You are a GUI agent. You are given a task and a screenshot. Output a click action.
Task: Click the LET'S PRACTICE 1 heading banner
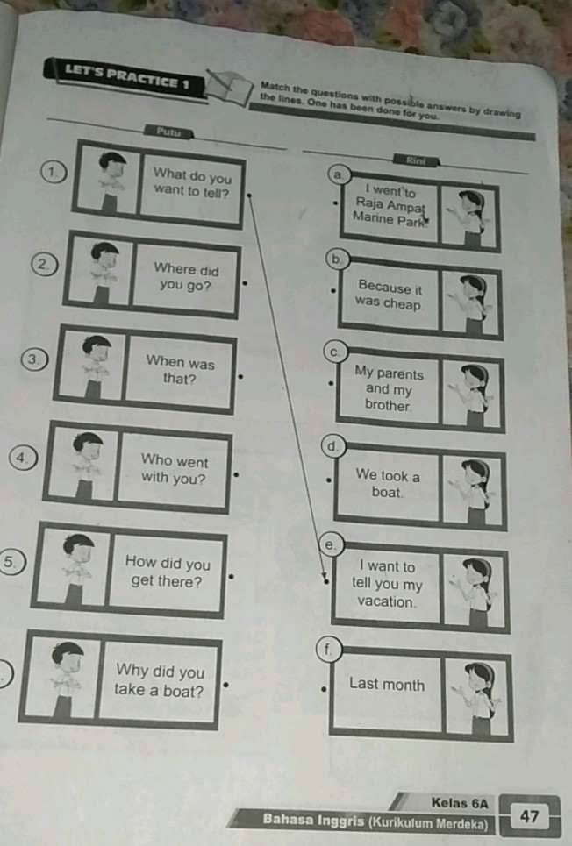(x=125, y=78)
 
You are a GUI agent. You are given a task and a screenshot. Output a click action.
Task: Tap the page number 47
(x=529, y=816)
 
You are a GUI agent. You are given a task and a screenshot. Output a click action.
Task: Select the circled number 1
(x=54, y=172)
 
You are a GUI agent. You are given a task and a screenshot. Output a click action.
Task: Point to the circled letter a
(x=338, y=174)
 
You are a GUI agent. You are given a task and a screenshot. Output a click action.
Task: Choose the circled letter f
(x=327, y=649)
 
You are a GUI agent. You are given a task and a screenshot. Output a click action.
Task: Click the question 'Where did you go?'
(x=186, y=277)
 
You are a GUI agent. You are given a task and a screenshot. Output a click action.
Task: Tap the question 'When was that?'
(x=180, y=370)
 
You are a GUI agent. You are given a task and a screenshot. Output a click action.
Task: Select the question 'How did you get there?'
(x=168, y=572)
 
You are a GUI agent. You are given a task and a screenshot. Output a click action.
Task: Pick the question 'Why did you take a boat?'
(x=160, y=679)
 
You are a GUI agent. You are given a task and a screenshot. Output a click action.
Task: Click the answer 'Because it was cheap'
(x=389, y=295)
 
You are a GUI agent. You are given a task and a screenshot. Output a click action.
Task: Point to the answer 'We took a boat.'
(x=387, y=483)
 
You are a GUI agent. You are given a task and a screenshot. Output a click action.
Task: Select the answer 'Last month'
(x=387, y=684)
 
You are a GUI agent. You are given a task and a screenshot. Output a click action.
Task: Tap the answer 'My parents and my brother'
(x=389, y=388)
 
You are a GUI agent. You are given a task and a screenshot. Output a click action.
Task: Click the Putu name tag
(x=168, y=132)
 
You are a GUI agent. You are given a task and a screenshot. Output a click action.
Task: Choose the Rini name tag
(x=416, y=160)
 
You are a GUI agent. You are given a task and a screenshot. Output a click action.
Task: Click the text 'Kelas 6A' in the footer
(x=459, y=803)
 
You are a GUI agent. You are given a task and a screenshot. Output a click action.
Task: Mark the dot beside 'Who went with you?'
(x=235, y=475)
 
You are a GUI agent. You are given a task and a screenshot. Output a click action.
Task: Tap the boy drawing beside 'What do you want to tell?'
(x=111, y=181)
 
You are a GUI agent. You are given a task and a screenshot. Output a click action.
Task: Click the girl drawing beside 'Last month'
(x=477, y=697)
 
